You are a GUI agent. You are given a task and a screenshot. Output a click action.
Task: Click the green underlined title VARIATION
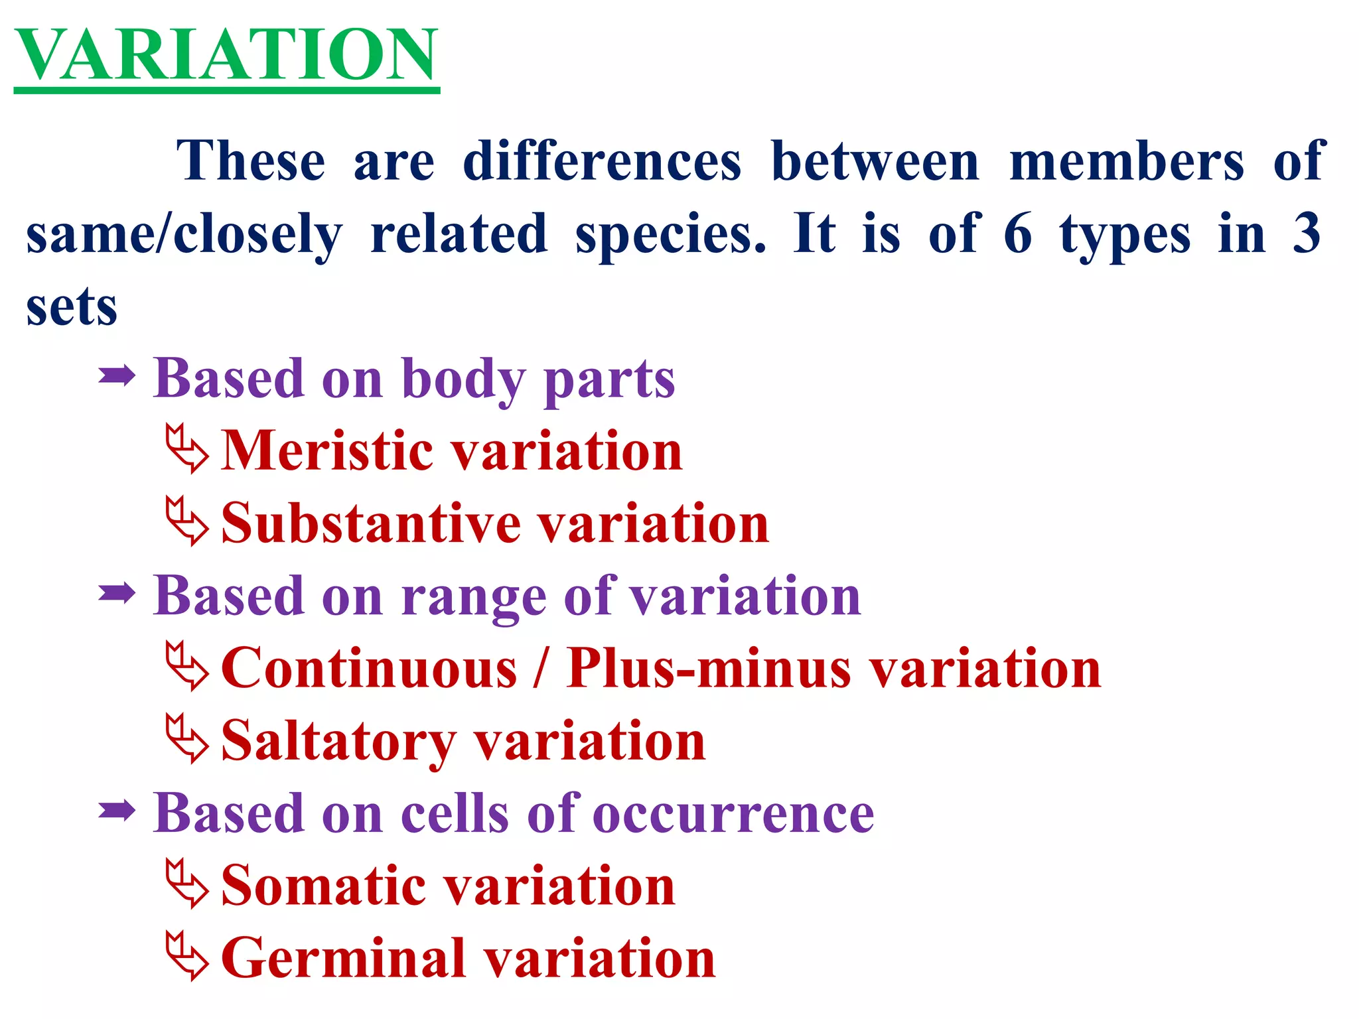click(x=226, y=56)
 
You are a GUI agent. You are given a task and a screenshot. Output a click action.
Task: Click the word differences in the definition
click(x=601, y=161)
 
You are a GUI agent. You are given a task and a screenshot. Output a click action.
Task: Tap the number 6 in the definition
click(x=1018, y=234)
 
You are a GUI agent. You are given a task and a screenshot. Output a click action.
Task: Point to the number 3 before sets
click(x=1307, y=234)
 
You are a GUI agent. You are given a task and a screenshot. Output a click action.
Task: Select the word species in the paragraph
click(x=670, y=235)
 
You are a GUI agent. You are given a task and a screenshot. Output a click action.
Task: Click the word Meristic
click(x=327, y=450)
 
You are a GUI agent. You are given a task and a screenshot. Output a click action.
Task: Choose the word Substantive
click(x=372, y=523)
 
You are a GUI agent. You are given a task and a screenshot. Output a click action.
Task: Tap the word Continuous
click(x=369, y=668)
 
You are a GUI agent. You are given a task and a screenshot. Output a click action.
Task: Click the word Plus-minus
click(x=709, y=668)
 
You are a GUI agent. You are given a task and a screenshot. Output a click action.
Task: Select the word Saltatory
click(x=338, y=741)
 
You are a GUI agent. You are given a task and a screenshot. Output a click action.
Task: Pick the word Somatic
click(x=324, y=886)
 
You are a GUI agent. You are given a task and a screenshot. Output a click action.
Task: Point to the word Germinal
click(x=344, y=959)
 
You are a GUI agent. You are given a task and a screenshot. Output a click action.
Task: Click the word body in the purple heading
click(x=464, y=379)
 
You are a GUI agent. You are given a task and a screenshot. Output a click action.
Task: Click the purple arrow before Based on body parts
click(x=117, y=377)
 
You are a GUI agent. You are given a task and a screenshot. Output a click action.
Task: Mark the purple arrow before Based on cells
click(x=117, y=811)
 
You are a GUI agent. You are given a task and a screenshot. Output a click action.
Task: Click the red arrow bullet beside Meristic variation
click(x=186, y=449)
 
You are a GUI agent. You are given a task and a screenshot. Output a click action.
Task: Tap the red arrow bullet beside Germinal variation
click(x=186, y=956)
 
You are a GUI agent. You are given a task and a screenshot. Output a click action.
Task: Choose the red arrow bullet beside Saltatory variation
click(x=186, y=739)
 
